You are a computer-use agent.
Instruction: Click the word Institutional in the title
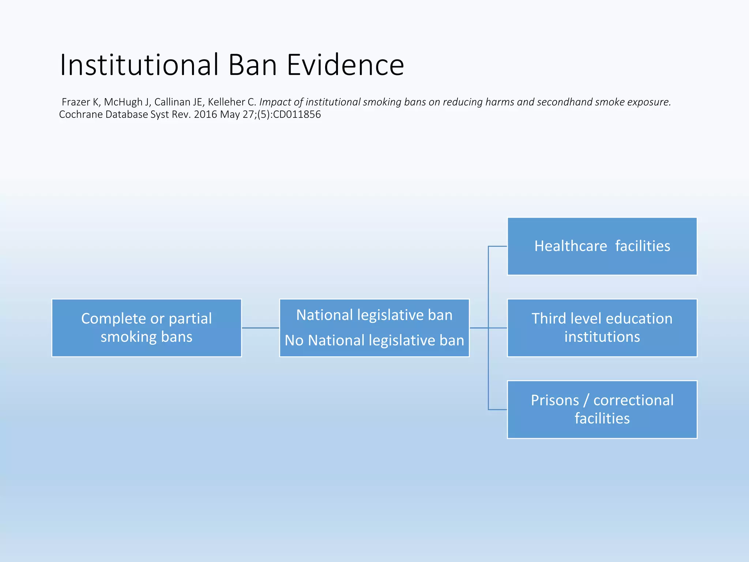coord(139,65)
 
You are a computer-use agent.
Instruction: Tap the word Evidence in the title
coord(345,65)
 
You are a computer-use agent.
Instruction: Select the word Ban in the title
coord(252,65)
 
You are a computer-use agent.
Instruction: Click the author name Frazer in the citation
coord(76,102)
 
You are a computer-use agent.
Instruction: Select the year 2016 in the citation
coord(206,115)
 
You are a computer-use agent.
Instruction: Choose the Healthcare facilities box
coord(602,246)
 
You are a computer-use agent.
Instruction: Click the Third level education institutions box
coord(602,328)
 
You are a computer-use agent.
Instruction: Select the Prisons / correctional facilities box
coord(602,409)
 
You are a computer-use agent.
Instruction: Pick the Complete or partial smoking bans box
coord(146,328)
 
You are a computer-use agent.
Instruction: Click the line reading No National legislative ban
coord(374,341)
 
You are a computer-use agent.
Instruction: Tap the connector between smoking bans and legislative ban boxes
coord(260,328)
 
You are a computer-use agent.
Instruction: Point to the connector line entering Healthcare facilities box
coord(498,246)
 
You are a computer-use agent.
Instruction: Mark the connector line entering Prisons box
coord(498,409)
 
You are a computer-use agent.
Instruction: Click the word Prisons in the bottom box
coord(555,400)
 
